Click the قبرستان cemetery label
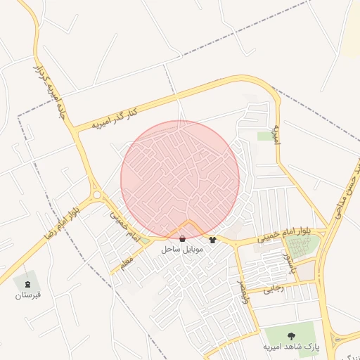pos(29,295)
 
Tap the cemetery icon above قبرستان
pos(28,283)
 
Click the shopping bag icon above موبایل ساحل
pos(183,239)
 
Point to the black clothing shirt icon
pos(212,240)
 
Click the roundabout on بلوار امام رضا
pos(96,195)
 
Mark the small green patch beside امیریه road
pos(264,135)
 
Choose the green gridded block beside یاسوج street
pos(301,245)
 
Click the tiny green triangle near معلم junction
pos(145,240)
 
